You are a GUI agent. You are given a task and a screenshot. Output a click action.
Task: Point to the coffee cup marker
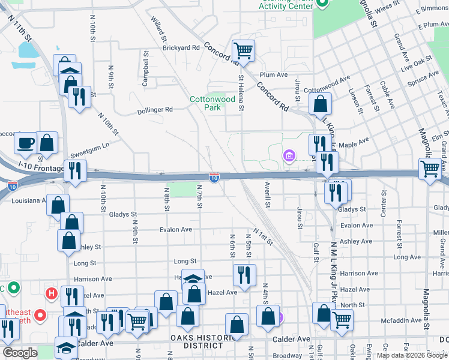(26, 143)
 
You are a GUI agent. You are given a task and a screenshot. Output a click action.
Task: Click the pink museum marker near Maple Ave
(289, 157)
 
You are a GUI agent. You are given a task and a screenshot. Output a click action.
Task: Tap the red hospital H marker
(52, 294)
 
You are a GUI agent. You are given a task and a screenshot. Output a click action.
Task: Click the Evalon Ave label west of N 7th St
(176, 229)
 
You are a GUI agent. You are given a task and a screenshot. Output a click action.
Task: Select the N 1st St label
(263, 236)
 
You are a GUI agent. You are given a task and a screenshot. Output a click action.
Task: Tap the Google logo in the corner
(20, 353)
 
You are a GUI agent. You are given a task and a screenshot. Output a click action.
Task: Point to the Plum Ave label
(274, 74)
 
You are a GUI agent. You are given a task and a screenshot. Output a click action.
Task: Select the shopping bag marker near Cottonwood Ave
(321, 104)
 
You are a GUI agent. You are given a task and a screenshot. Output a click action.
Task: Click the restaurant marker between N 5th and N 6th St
(244, 275)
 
